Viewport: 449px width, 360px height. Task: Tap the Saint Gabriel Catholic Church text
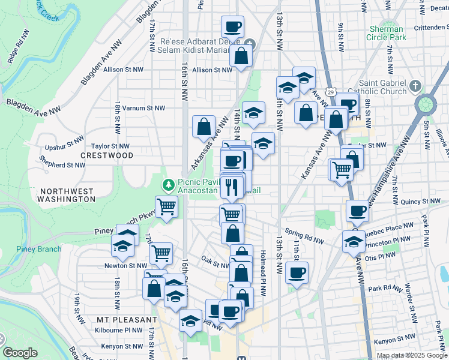tap(382, 87)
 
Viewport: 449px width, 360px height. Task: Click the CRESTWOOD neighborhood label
tap(107, 155)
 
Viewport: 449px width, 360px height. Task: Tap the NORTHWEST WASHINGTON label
tap(67, 195)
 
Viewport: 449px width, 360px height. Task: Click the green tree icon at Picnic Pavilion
tap(169, 184)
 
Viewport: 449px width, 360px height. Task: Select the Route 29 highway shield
tap(330, 91)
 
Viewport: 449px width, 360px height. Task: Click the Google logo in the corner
tap(20, 353)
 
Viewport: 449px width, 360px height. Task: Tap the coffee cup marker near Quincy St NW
tap(358, 211)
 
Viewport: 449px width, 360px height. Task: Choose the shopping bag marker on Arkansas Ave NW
tap(203, 126)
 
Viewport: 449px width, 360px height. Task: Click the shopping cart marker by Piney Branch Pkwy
tap(167, 207)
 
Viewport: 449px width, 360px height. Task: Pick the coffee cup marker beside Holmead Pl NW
tap(297, 272)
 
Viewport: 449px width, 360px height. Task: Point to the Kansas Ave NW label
tap(316, 156)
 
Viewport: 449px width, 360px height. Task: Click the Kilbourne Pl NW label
tap(120, 330)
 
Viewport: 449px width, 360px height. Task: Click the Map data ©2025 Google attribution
tap(411, 355)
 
